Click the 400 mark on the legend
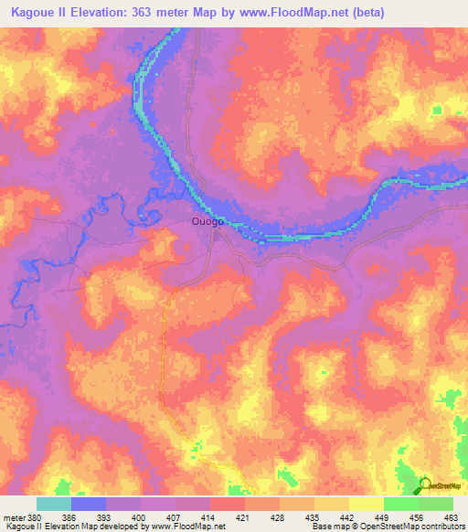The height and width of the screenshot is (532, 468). [140, 517]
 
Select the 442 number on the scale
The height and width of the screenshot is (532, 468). [348, 517]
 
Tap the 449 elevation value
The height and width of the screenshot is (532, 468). [383, 517]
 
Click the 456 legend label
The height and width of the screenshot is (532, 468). [418, 517]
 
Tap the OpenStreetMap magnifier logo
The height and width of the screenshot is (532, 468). [425, 484]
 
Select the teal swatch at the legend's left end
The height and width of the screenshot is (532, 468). [54, 504]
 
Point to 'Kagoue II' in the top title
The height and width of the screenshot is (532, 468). [40, 13]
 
